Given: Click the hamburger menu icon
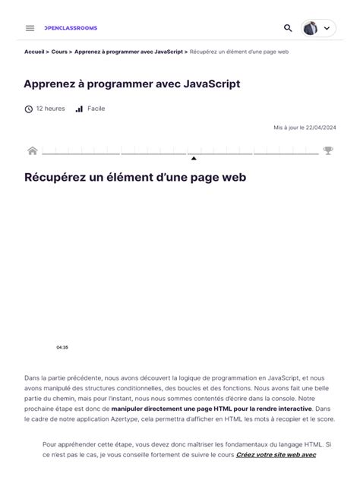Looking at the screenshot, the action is [x=30, y=28].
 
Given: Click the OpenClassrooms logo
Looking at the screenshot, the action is [x=71, y=28].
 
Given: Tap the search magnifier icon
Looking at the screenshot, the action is [x=288, y=28].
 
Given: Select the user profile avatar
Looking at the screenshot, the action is [x=310, y=28].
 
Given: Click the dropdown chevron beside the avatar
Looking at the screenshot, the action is [x=327, y=28].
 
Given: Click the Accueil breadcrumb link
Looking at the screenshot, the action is [x=34, y=52].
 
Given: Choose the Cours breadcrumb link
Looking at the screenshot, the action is [x=59, y=52].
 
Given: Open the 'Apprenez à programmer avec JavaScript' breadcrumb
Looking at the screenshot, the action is [x=128, y=52].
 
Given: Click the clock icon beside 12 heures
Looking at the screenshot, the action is [x=29, y=109].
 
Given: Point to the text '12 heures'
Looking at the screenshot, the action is [x=50, y=109].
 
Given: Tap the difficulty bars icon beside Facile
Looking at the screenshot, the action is [x=79, y=109].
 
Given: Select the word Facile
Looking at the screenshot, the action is [x=96, y=109].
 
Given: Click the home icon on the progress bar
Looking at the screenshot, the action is [x=33, y=150].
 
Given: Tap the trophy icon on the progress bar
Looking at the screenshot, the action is [x=328, y=150].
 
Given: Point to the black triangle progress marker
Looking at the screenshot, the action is [x=194, y=158].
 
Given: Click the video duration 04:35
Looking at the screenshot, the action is [x=62, y=347].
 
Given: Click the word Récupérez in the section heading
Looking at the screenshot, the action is [x=56, y=178].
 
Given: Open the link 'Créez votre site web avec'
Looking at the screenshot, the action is [x=276, y=454].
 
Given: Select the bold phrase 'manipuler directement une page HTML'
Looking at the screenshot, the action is [x=163, y=408].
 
